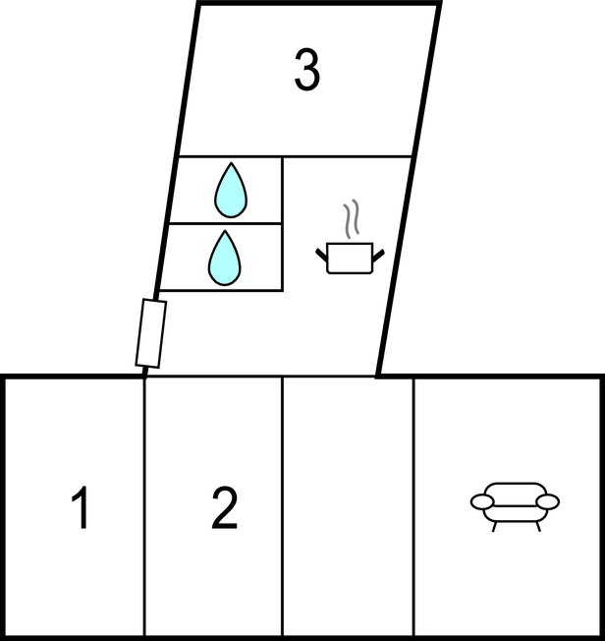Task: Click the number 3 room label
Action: click(306, 70)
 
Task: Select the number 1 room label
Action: click(82, 507)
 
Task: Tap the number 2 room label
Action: click(224, 508)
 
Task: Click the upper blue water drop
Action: click(231, 190)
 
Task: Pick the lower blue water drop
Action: click(225, 258)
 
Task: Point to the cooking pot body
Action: click(350, 258)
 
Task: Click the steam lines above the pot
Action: click(352, 218)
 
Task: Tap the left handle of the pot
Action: click(321, 255)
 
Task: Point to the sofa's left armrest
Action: click(482, 501)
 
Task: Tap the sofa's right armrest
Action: click(547, 501)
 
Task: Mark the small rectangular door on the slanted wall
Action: click(151, 333)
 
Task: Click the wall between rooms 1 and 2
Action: click(144, 507)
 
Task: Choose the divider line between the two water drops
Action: click(226, 223)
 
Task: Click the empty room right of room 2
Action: click(348, 507)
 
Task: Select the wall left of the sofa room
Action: click(413, 507)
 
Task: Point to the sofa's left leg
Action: click(495, 527)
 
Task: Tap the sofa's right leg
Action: click(538, 527)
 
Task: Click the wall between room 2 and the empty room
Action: click(282, 507)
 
